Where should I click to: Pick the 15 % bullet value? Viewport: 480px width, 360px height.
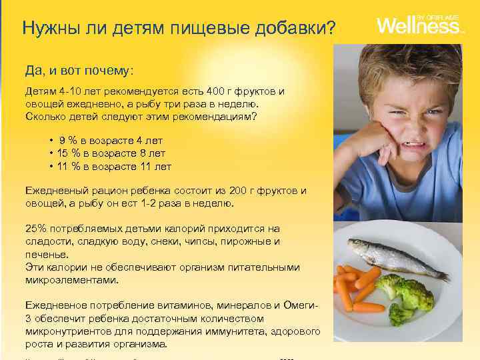(69, 153)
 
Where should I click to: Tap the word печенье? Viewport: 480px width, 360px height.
(46, 254)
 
